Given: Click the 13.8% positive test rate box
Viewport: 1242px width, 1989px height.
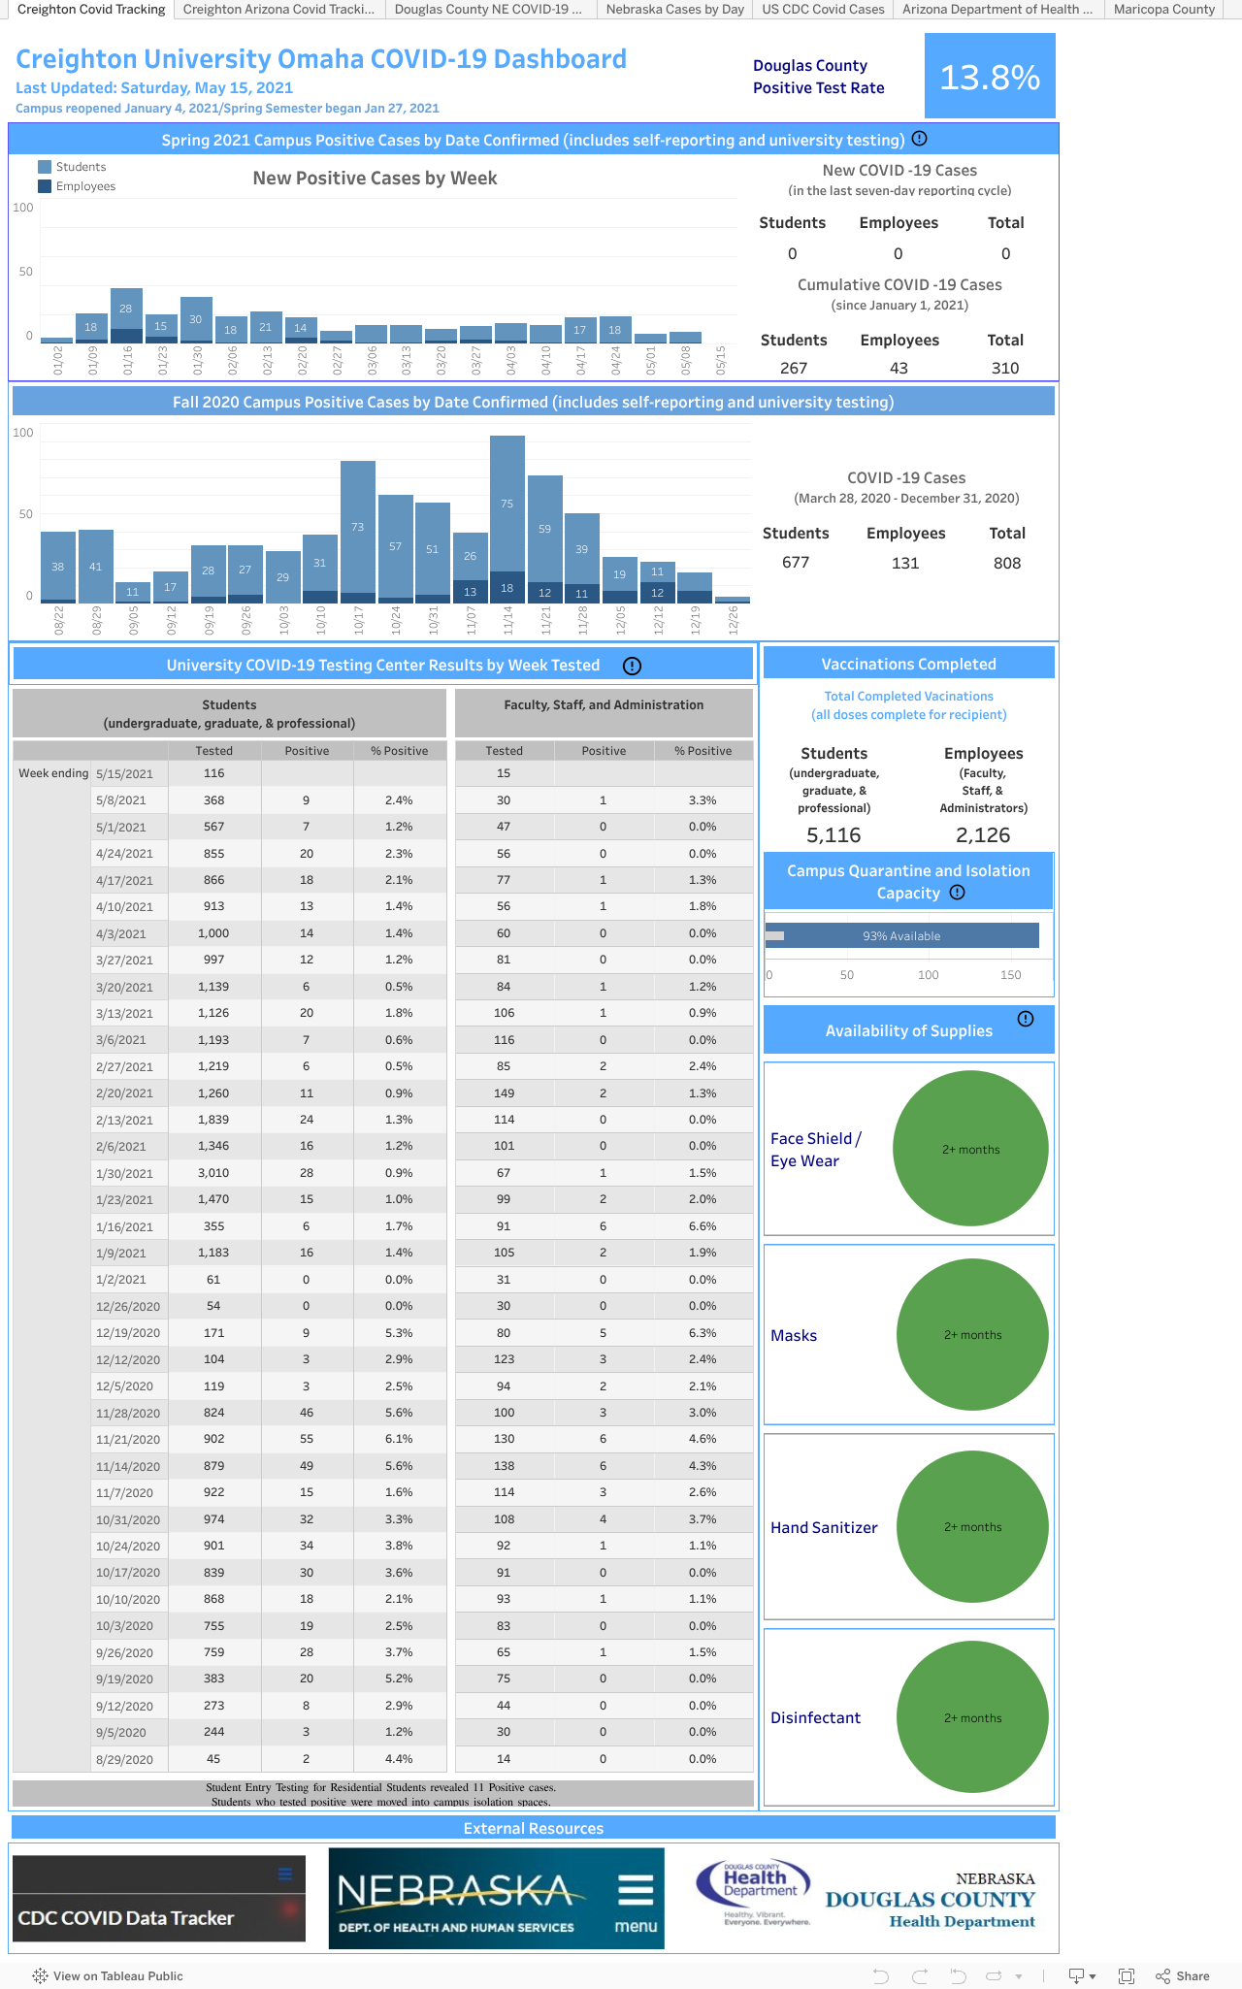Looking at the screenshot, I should coord(990,77).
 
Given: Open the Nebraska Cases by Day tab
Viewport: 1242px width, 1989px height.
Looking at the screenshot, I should coord(674,10).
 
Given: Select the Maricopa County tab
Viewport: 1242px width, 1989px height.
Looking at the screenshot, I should coord(1163,10).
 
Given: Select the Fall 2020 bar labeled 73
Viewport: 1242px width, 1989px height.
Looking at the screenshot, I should coord(358,529).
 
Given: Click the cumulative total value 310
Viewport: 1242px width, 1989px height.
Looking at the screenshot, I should coord(1005,368).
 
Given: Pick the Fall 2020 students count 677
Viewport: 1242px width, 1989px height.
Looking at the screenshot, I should coord(796,563).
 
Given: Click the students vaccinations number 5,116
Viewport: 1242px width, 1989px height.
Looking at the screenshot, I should coord(833,835).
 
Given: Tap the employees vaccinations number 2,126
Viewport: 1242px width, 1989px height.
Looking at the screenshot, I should coord(983,835).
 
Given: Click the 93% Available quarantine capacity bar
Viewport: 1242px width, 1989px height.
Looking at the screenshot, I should coord(902,936).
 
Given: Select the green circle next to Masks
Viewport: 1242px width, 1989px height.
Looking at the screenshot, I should coord(972,1335).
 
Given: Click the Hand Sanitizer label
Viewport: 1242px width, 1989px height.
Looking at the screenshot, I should coord(824,1527).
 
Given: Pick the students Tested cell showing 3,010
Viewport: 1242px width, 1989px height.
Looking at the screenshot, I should coord(213,1173).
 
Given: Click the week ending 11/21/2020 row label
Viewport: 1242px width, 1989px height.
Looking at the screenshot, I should coord(124,1440).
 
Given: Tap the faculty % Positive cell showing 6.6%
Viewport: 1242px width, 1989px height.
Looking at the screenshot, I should coord(703,1226).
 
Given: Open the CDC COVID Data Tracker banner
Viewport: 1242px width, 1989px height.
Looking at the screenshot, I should coord(159,1899).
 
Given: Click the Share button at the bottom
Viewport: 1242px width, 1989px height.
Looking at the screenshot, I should coord(1183,1975).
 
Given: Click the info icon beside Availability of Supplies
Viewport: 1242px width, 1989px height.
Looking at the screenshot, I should coord(1026,1019).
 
